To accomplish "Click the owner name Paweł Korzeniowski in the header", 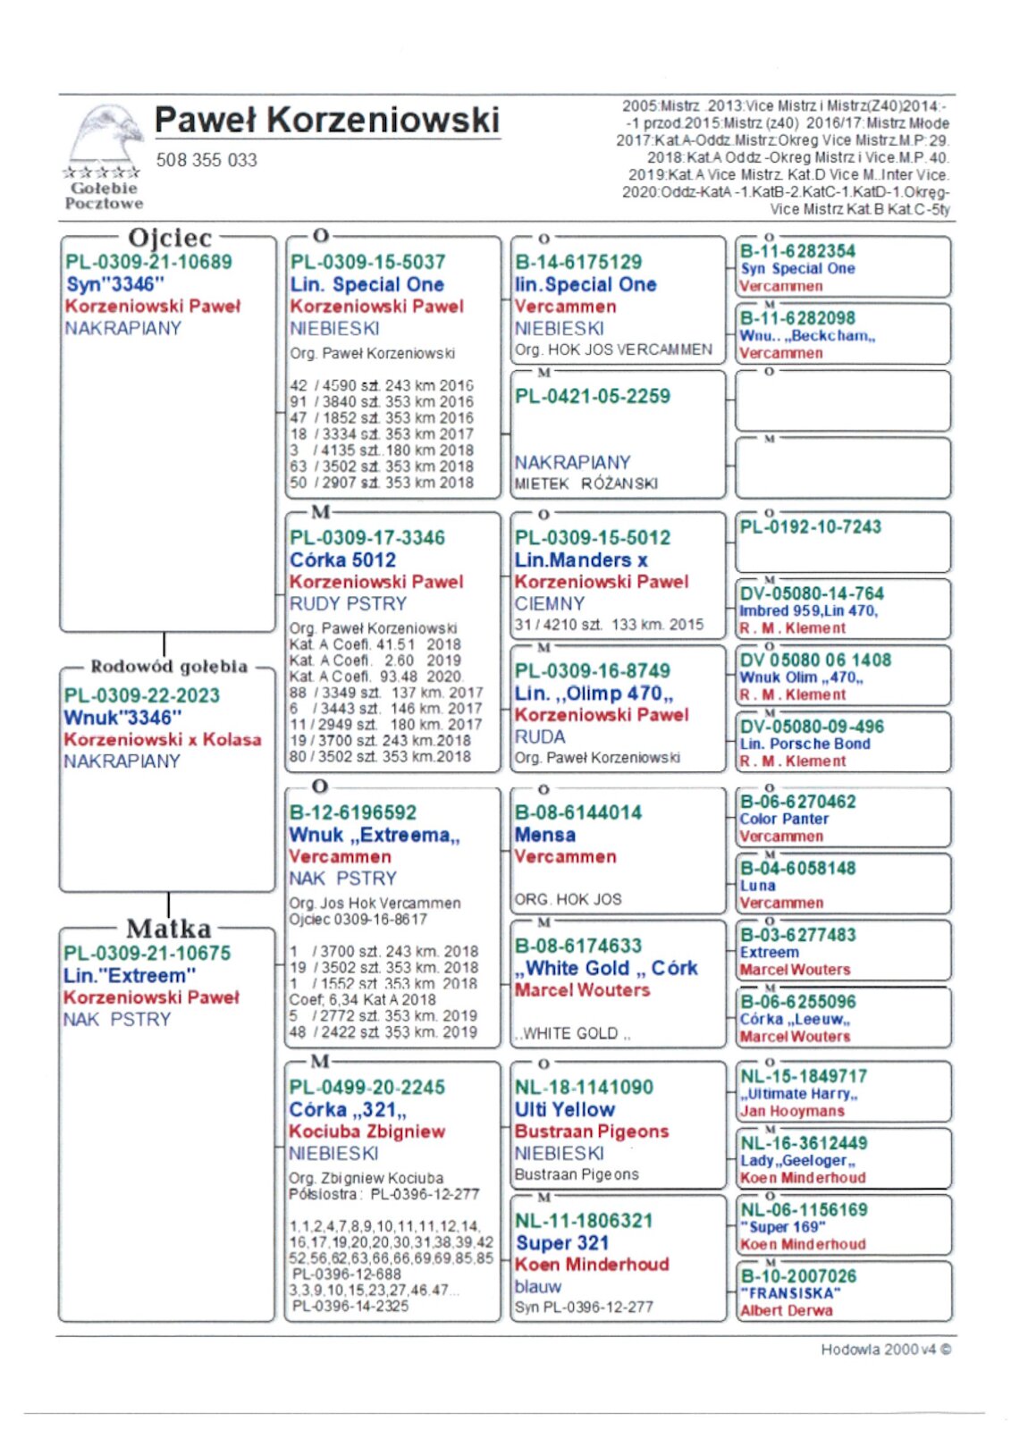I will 326,120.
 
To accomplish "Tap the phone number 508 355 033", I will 206,160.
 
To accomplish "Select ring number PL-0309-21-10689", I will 148,262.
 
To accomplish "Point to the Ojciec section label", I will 170,238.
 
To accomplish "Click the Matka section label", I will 168,929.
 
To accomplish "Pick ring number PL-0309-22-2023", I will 141,695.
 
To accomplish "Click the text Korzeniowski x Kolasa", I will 163,739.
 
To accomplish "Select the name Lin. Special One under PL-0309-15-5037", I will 366,284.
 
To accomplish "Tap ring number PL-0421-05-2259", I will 592,396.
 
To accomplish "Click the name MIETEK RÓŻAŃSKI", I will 586,484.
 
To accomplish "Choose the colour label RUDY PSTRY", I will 348,603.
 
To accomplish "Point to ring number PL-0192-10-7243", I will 810,526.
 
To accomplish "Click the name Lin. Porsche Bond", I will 805,744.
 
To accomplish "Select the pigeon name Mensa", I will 544,835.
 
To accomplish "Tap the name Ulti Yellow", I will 564,1109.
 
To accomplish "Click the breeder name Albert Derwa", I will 786,1310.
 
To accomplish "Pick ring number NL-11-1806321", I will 584,1221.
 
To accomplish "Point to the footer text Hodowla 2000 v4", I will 885,1350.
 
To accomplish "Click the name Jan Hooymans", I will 792,1111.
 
